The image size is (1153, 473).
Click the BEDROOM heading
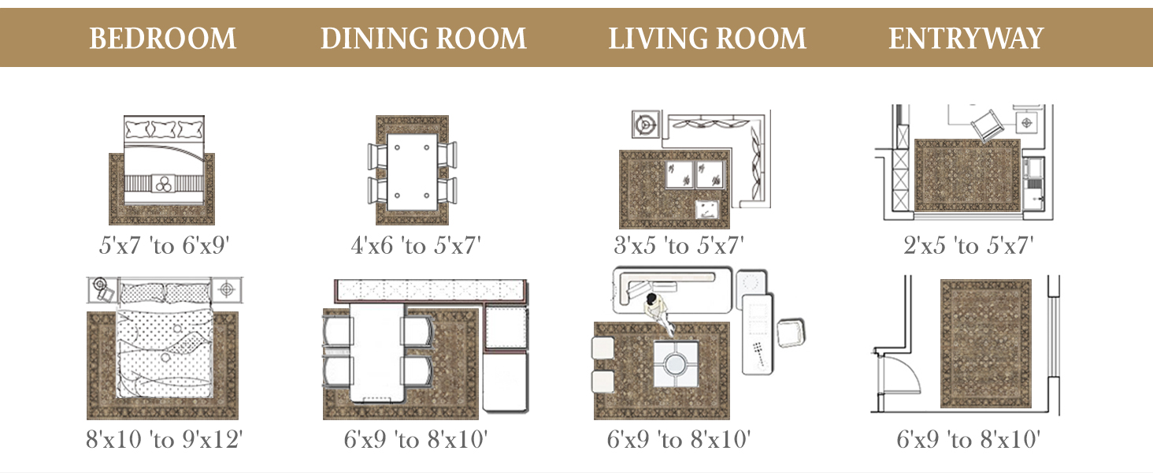pos(163,39)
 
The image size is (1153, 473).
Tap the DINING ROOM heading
pos(423,39)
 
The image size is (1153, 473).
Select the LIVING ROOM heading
pos(707,39)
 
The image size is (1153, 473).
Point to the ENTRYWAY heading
pos(966,39)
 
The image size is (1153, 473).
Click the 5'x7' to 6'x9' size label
pos(164,245)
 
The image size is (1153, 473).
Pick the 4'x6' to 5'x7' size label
pos(415,245)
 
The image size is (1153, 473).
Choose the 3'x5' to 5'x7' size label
pos(678,245)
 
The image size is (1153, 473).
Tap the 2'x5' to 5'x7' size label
pos(968,245)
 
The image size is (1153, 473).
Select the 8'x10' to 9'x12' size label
pos(164,440)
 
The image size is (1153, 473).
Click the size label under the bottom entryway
pos(968,440)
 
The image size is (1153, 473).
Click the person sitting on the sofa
pos(658,312)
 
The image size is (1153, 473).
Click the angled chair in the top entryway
pos(986,125)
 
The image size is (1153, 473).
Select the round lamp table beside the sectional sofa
pos(646,125)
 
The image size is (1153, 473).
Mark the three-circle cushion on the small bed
pos(164,184)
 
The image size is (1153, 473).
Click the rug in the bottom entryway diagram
pos(986,344)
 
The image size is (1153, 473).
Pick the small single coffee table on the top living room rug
pos(706,209)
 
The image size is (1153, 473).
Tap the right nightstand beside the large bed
pos(227,289)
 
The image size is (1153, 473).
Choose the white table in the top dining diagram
pos(412,172)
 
